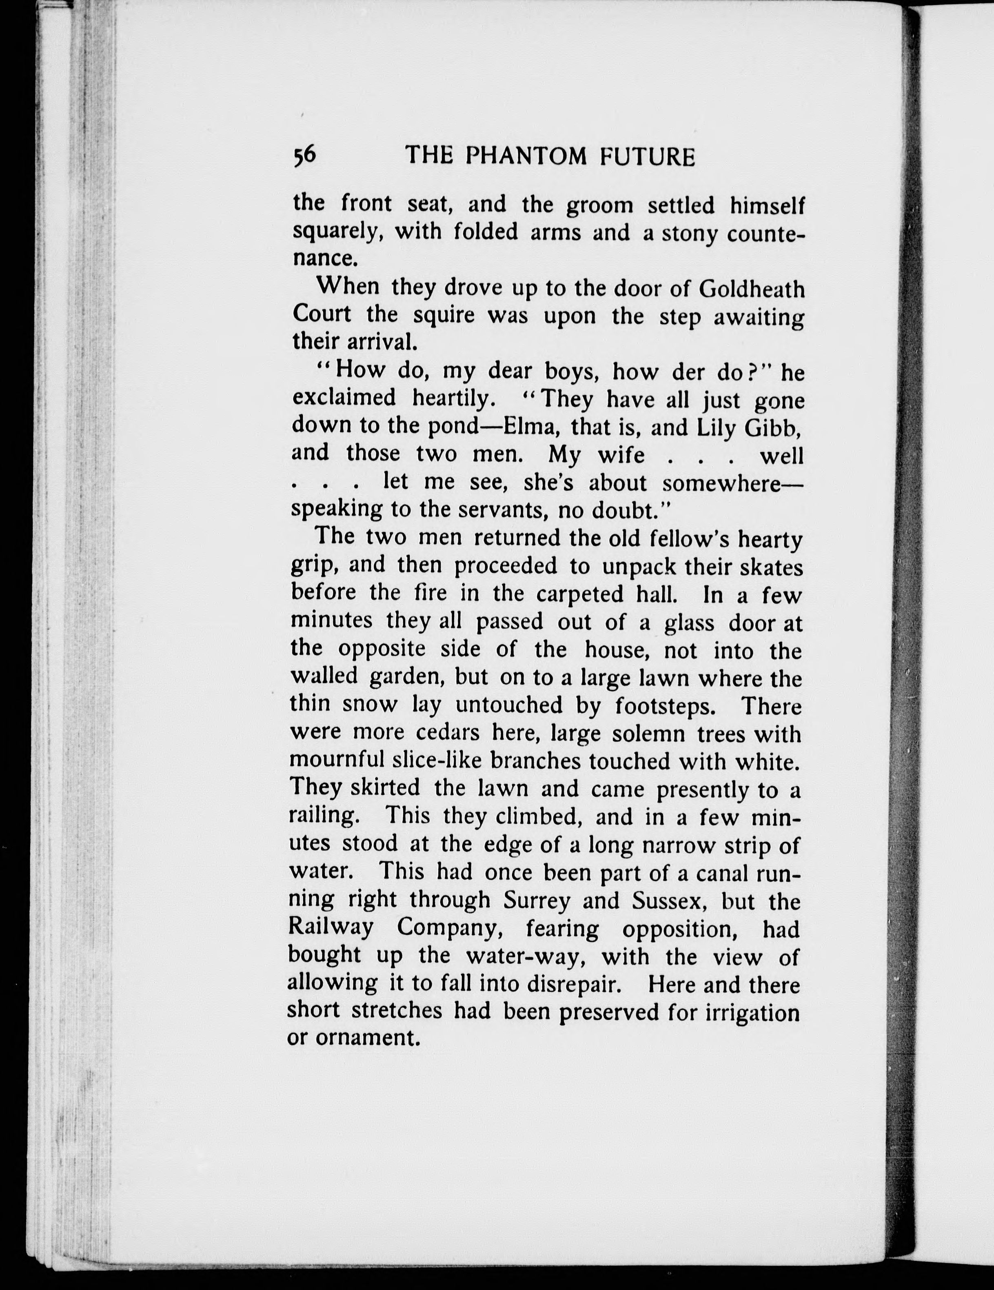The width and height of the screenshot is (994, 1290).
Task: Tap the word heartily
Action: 453,399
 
